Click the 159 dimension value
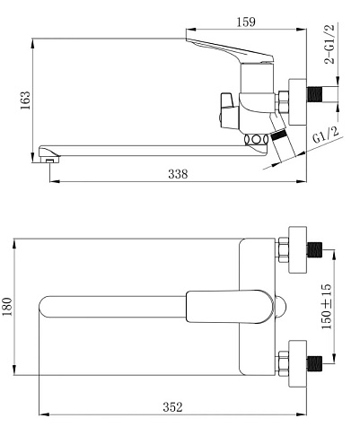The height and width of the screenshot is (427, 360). (246, 22)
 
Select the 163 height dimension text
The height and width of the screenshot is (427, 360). (25, 100)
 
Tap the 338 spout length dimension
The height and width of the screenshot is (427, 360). (178, 174)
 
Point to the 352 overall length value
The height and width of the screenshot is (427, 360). (172, 407)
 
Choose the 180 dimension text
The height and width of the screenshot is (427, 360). (7, 307)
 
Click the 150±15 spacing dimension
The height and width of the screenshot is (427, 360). (327, 307)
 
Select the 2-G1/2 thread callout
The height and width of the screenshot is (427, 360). (329, 44)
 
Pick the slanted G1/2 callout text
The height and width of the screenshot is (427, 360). (326, 135)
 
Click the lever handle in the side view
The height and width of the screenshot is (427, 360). (230, 50)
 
